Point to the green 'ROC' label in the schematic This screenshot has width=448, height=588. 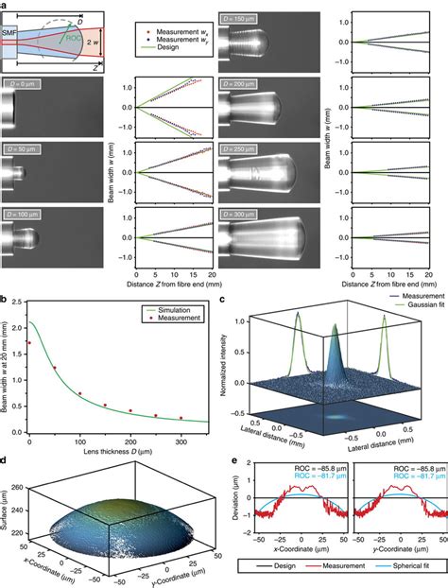pyautogui.click(x=76, y=38)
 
